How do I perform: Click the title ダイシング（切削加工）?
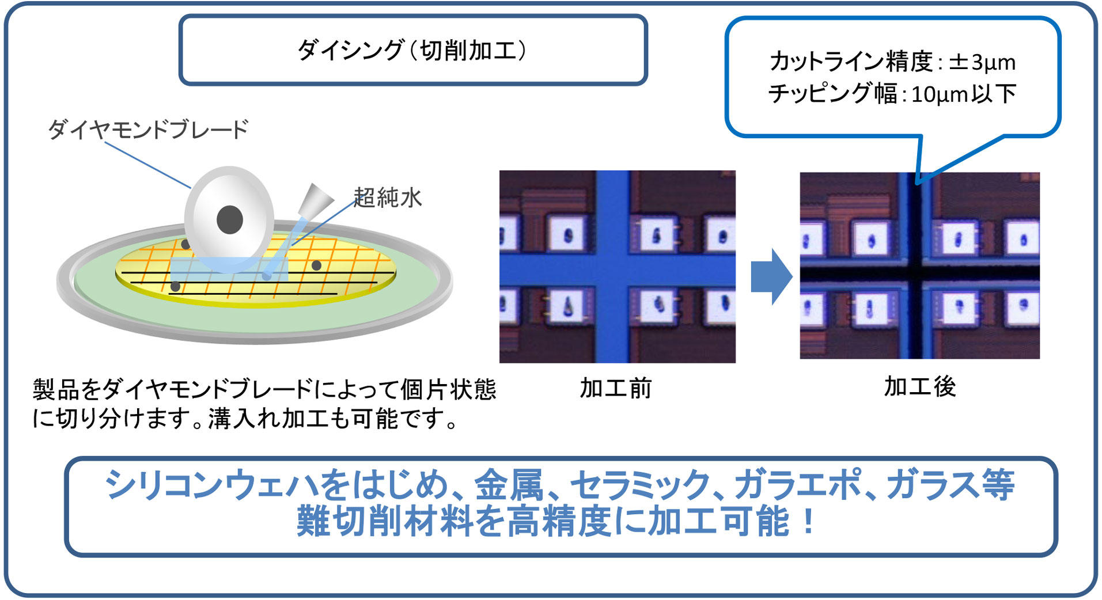tap(412, 51)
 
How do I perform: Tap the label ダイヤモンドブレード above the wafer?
tap(148, 129)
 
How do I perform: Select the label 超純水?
tap(388, 198)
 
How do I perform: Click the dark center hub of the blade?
tap(230, 219)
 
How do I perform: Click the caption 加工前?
tap(615, 388)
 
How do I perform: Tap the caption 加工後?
tap(920, 386)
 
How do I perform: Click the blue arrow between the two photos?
tap(772, 276)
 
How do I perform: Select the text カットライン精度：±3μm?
tap(892, 62)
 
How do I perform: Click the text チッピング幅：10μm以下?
tap(892, 93)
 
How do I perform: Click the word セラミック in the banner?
tap(640, 484)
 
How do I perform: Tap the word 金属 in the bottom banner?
tap(509, 484)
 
